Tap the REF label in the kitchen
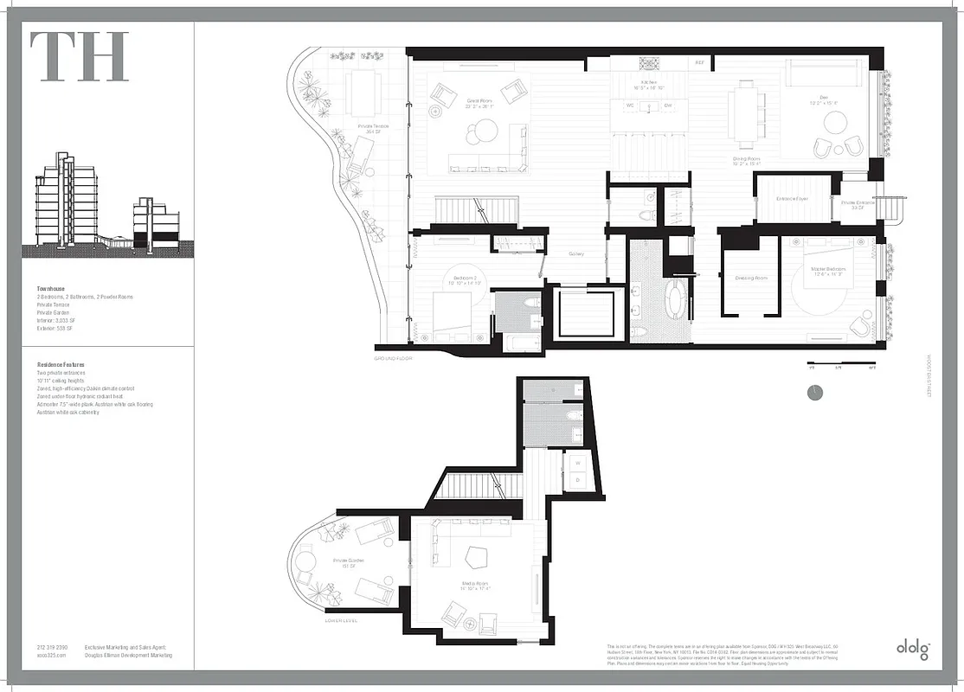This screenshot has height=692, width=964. click(x=700, y=64)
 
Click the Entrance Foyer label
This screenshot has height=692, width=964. click(x=791, y=199)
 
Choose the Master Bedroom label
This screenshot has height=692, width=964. click(x=828, y=272)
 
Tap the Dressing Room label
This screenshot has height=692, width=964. click(x=750, y=279)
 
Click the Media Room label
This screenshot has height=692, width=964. click(x=477, y=586)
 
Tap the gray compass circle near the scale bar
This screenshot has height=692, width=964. click(x=814, y=393)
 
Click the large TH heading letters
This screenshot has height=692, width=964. click(x=80, y=56)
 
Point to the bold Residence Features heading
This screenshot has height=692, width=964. click(x=61, y=365)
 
